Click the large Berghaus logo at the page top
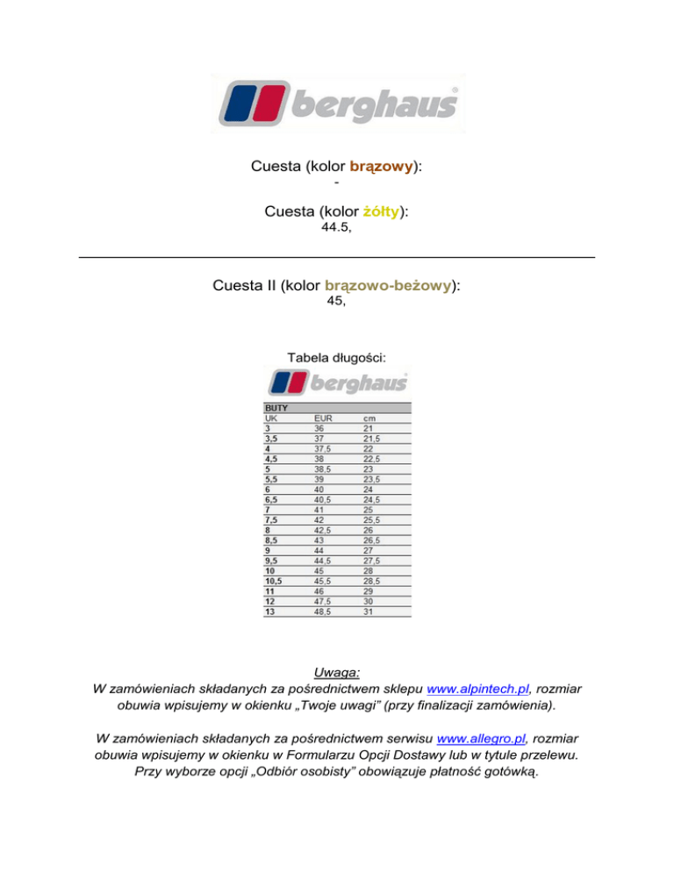coord(337,104)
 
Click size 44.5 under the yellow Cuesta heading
coord(335,227)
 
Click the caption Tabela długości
coord(336,357)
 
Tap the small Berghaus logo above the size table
coord(338,383)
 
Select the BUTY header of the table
coord(277,409)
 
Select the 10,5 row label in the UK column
coord(276,582)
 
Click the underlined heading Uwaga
coord(337,672)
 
